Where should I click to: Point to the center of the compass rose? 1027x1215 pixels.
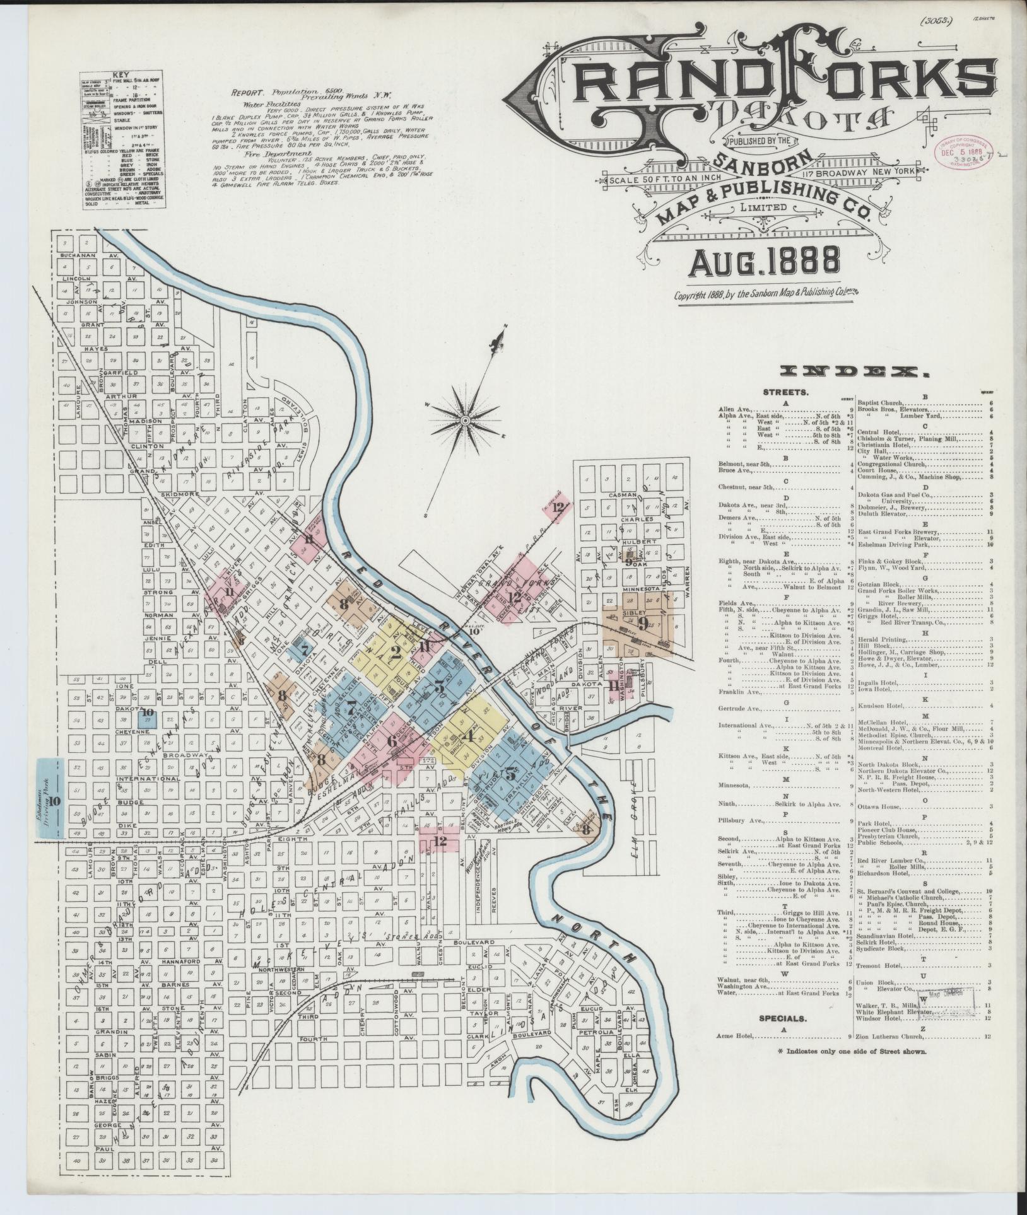tap(465, 419)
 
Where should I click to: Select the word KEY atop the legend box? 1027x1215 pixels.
tap(120, 74)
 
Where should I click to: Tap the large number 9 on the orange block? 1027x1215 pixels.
tap(642, 625)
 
